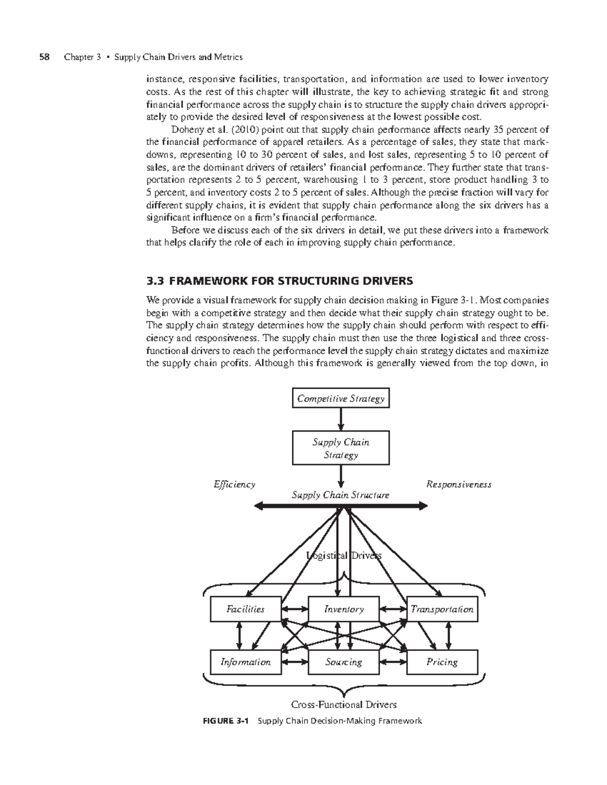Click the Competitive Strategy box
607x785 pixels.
point(341,399)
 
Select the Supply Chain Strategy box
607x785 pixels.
point(341,448)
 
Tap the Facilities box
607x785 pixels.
point(245,609)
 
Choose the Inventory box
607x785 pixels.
point(343,609)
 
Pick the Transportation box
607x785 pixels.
point(442,609)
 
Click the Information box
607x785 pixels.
point(245,662)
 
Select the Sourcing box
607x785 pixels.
point(343,662)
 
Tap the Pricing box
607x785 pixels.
point(442,662)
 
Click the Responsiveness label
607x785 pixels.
point(459,484)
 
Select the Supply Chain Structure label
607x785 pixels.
point(340,495)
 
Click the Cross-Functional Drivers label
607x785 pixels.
point(343,704)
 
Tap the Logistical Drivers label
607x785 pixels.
point(343,556)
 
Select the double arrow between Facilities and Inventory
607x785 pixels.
point(294,609)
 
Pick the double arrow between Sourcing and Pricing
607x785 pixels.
point(393,662)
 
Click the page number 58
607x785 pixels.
point(45,57)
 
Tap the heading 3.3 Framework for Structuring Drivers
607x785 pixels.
point(279,281)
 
